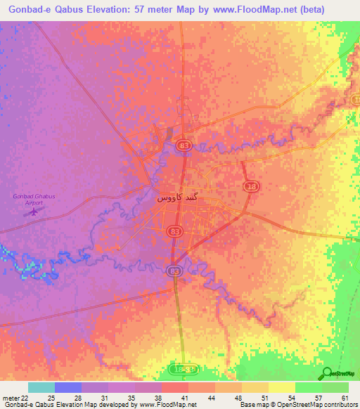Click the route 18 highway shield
[x=251, y=186]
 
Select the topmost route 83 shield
[x=184, y=145]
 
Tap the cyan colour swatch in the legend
[x=41, y=387]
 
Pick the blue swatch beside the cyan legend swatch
[x=67, y=387]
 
